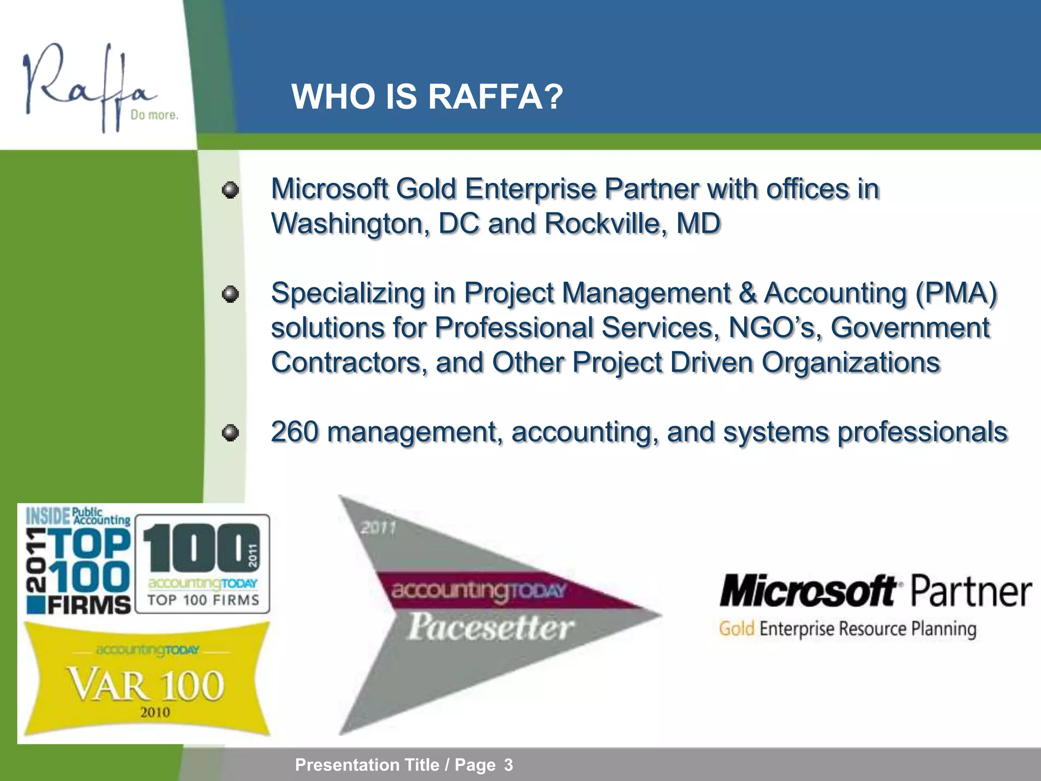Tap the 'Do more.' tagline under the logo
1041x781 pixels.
point(154,115)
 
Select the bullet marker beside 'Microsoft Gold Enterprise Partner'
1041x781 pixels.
point(230,190)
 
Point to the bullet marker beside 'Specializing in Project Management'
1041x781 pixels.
point(230,294)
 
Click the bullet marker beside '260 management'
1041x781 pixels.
point(230,433)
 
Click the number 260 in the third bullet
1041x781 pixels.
point(294,432)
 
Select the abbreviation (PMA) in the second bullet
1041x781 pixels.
point(956,293)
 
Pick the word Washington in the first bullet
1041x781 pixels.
point(350,224)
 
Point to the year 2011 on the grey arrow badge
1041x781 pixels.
point(378,528)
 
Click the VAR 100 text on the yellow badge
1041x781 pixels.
point(147,685)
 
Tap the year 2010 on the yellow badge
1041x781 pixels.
point(155,712)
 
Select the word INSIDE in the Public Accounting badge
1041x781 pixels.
point(48,517)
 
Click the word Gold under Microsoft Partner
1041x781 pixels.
point(736,629)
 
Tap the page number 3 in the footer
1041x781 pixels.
point(508,765)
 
